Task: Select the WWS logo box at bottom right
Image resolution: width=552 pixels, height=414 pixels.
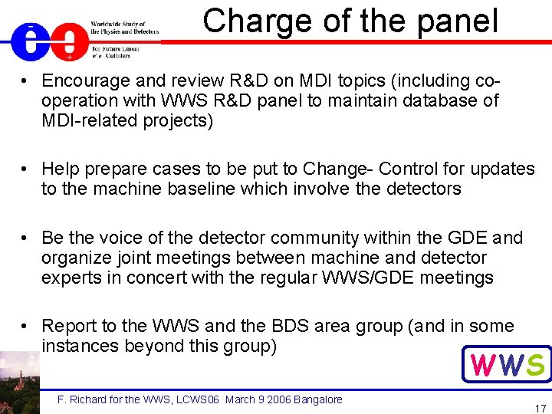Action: pos(507,364)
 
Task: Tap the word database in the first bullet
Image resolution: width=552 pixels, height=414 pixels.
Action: pos(444,100)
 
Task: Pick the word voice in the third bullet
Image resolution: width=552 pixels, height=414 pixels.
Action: pos(118,238)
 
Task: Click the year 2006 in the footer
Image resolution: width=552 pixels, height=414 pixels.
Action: pos(273,399)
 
